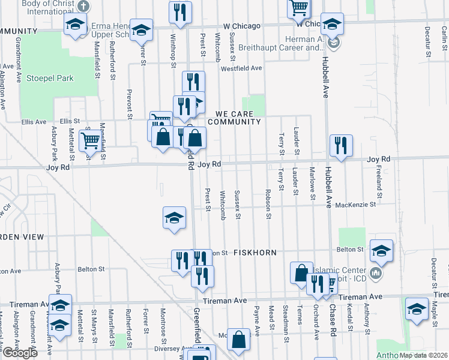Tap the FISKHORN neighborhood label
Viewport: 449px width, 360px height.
click(255, 253)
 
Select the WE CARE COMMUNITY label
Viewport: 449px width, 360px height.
click(235, 117)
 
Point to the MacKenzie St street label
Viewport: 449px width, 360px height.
click(355, 205)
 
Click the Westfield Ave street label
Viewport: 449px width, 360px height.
click(241, 68)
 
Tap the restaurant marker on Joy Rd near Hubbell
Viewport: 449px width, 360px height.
click(341, 145)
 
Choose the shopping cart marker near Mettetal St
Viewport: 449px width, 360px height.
click(91, 141)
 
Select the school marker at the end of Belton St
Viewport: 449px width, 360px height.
click(381, 250)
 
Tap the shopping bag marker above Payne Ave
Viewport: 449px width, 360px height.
click(239, 340)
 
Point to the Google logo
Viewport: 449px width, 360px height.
click(20, 353)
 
